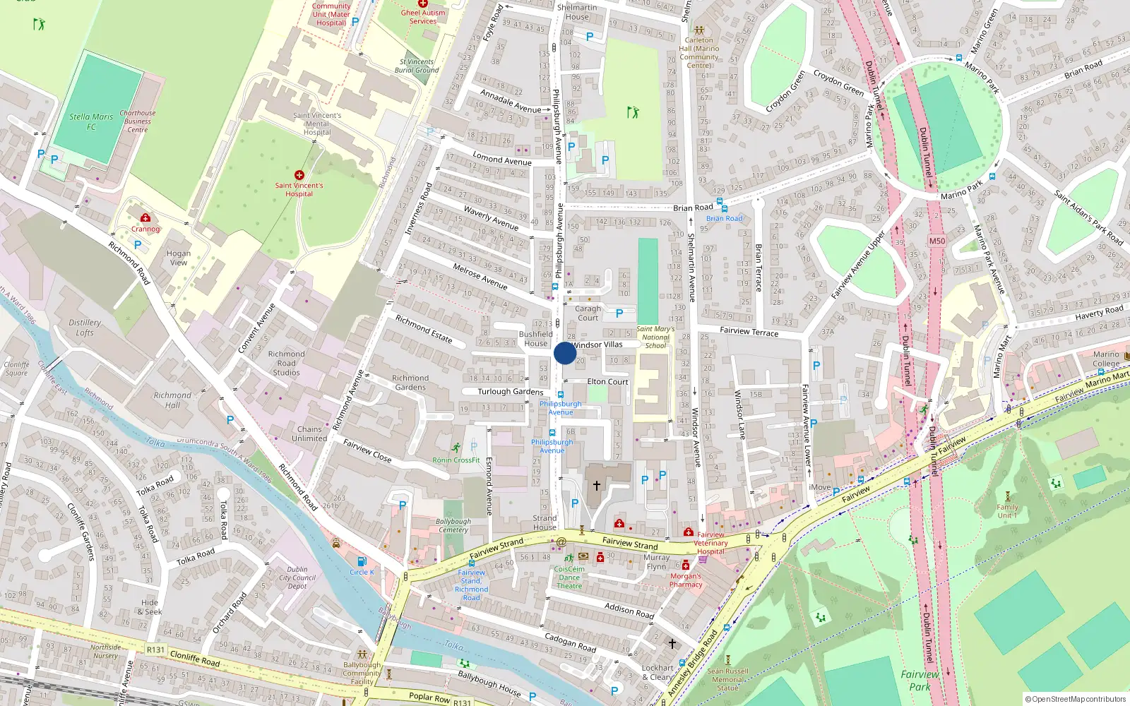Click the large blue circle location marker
click(565, 353)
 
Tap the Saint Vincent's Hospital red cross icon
click(299, 174)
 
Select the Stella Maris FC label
click(91, 121)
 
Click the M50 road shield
click(936, 241)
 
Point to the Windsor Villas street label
click(597, 345)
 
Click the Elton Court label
click(607, 381)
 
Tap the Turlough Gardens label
click(510, 392)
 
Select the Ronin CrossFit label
click(456, 460)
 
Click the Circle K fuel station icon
click(362, 561)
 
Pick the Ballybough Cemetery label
click(453, 526)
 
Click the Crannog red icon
click(145, 217)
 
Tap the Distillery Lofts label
click(85, 328)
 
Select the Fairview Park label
click(920, 680)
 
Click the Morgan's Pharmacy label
click(686, 580)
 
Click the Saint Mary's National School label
click(655, 337)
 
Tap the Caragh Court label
click(588, 313)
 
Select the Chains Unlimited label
click(309, 433)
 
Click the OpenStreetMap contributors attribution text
click(1076, 699)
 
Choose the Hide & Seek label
click(150, 607)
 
